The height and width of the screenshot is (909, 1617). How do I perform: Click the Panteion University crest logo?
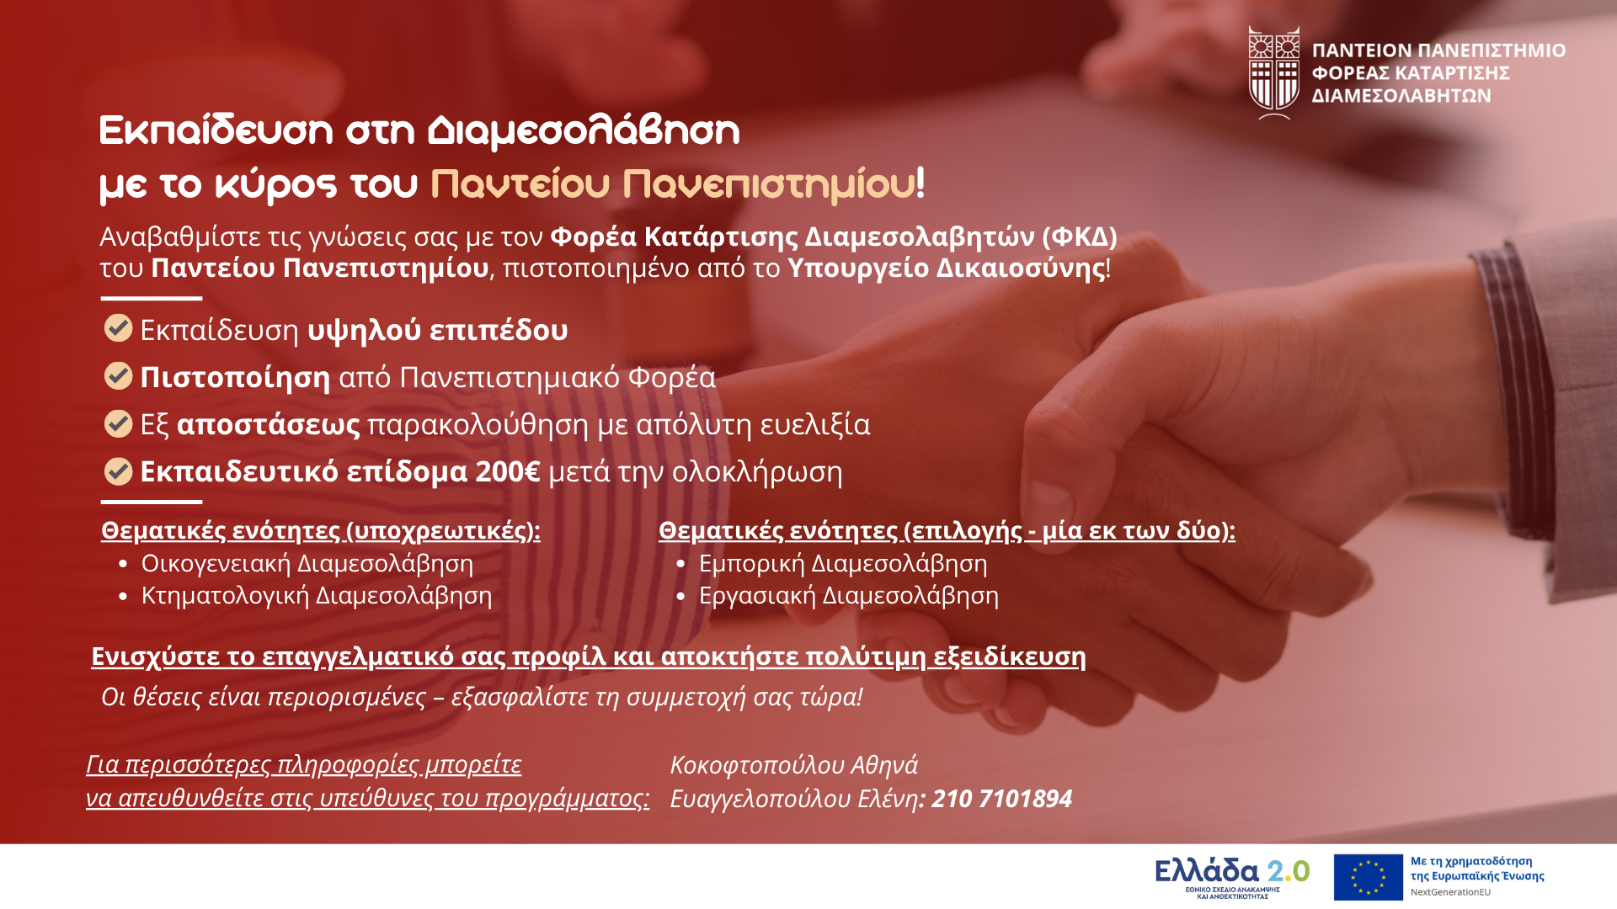click(1274, 72)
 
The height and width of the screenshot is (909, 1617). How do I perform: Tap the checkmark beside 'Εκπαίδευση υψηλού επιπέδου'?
click(118, 328)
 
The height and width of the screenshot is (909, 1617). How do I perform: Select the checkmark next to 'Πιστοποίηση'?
click(118, 375)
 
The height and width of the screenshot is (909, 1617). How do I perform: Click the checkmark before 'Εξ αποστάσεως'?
click(118, 423)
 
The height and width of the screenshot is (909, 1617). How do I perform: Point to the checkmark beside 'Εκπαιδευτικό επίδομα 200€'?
click(118, 471)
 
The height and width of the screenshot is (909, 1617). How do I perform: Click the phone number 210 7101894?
click(1001, 798)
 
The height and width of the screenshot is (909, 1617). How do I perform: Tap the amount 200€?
click(508, 471)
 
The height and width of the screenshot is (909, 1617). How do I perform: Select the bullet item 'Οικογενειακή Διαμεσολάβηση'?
click(307, 563)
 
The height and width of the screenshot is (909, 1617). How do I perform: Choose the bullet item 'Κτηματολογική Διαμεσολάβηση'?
click(317, 595)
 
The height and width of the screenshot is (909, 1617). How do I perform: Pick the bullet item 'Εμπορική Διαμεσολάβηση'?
click(843, 563)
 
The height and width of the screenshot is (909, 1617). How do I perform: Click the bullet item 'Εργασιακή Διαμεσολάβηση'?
click(849, 595)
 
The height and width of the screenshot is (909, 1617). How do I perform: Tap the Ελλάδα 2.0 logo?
click(1232, 878)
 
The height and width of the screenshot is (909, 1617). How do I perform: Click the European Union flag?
click(1368, 877)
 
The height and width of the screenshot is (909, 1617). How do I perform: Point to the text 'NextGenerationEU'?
click(1450, 892)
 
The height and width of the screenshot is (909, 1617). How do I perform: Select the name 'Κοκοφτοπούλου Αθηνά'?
click(794, 764)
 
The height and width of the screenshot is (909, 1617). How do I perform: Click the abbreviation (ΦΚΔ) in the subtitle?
click(1080, 237)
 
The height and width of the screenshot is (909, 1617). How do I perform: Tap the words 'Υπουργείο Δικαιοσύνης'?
click(947, 268)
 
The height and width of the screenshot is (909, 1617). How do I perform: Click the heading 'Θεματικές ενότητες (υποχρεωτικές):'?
click(321, 530)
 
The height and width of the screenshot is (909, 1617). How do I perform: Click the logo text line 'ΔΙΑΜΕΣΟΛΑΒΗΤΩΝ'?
click(1401, 96)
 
